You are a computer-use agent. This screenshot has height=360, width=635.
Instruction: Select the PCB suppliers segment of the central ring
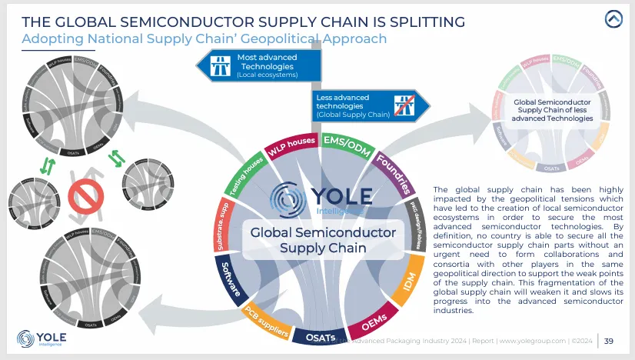coord(267,324)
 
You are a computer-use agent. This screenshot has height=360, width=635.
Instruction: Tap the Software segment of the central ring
coord(231,281)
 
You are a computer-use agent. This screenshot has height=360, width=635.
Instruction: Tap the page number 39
coord(608,341)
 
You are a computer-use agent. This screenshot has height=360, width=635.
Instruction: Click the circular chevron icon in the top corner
coord(613,19)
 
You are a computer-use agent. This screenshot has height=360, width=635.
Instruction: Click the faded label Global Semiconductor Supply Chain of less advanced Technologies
coord(553,109)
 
